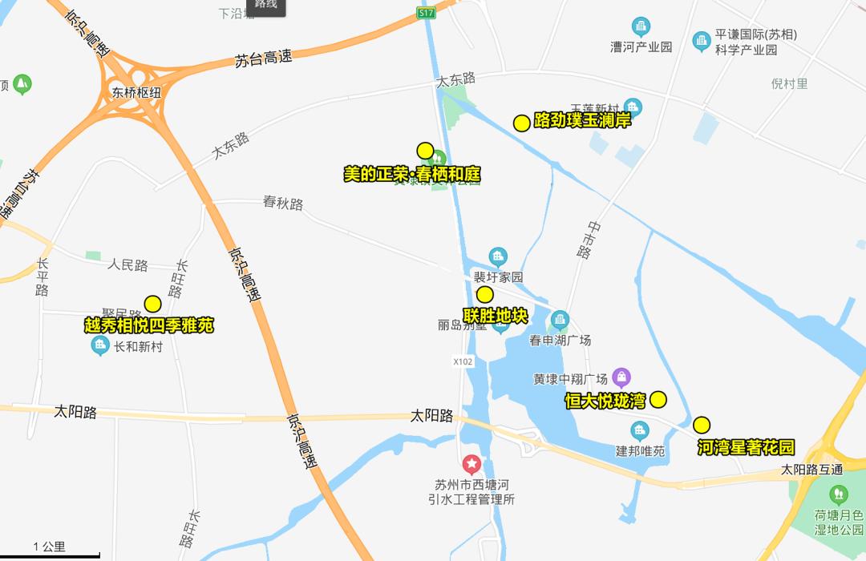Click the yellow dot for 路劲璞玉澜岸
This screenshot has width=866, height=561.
point(521,123)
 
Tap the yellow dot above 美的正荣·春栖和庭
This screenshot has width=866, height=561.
point(425,151)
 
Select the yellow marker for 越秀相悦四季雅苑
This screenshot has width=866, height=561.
point(152,304)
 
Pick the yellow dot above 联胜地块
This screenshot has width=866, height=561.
point(485,294)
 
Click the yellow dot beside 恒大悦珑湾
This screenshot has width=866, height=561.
point(658,399)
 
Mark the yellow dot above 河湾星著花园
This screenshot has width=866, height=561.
point(702,425)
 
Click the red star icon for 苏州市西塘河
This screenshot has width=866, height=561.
point(471,464)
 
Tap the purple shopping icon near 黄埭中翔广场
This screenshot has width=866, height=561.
point(621,377)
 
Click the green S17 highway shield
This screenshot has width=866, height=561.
point(425,13)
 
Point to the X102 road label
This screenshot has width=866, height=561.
point(463,361)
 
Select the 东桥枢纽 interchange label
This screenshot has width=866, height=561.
point(136,92)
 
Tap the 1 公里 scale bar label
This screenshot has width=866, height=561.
point(50,547)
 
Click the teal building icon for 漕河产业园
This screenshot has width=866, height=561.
point(641,26)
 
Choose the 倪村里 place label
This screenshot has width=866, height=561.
point(789,83)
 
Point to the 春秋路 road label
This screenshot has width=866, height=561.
point(283,203)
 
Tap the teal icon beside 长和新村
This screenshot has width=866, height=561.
point(100,346)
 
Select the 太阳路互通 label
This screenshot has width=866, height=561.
point(811,469)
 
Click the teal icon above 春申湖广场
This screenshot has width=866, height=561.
point(560,320)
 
